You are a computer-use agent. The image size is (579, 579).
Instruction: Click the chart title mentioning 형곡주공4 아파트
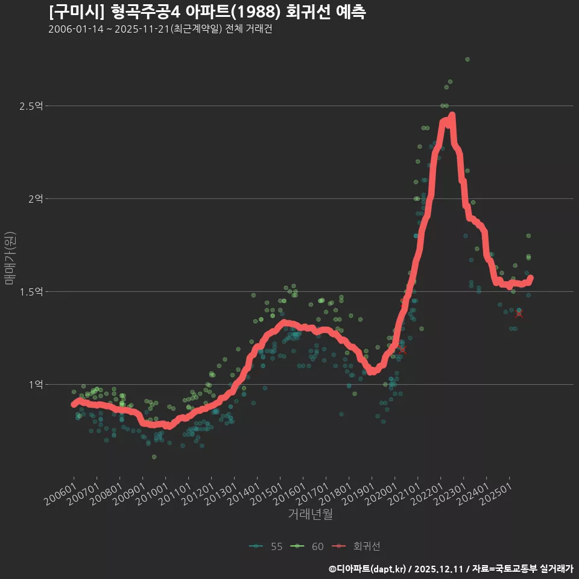207,12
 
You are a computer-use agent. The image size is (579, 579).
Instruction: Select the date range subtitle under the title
160,30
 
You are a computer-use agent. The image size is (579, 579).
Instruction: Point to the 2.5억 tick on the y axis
31,106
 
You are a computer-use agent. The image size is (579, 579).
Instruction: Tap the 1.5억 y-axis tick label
31,292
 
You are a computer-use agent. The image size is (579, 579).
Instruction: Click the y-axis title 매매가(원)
10,258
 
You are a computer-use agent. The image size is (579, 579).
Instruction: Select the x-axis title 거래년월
310,514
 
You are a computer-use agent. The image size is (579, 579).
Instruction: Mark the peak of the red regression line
452,115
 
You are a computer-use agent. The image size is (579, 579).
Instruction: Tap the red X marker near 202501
519,313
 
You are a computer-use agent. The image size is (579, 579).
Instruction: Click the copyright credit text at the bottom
451,569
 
